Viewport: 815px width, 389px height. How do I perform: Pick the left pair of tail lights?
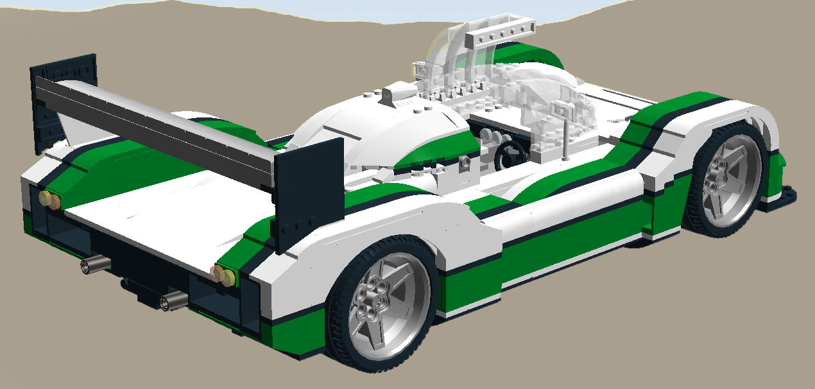(x=49, y=200)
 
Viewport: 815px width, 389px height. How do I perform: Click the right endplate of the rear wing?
(x=308, y=196)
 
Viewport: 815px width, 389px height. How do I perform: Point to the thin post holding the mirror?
(x=566, y=138)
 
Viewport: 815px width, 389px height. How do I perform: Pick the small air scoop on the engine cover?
(x=390, y=96)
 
